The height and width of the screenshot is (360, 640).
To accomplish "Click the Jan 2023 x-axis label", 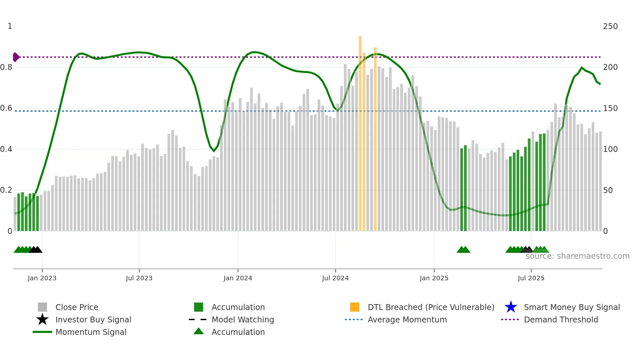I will pyautogui.click(x=42, y=278).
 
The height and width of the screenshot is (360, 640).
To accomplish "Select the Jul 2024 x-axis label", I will pyautogui.click(x=335, y=278).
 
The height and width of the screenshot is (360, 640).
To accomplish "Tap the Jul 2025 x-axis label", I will pyautogui.click(x=531, y=278).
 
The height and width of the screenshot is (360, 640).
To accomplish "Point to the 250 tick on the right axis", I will pyautogui.click(x=610, y=26).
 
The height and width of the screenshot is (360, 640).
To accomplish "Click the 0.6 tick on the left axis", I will pyautogui.click(x=6, y=108).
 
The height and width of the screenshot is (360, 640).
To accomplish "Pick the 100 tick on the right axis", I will pyautogui.click(x=610, y=149).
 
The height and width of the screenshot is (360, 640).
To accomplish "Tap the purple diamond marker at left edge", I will pyautogui.click(x=16, y=57).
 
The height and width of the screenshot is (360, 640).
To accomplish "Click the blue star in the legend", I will pyautogui.click(x=511, y=307).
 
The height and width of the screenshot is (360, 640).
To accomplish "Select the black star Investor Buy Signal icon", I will pyautogui.click(x=42, y=319).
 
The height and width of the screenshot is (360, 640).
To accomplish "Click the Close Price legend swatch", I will pyautogui.click(x=42, y=307).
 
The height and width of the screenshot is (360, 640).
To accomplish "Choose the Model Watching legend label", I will pyautogui.click(x=243, y=319).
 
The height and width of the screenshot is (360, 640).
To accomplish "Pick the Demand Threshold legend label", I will pyautogui.click(x=561, y=319).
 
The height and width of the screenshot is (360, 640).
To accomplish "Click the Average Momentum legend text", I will pyautogui.click(x=407, y=319).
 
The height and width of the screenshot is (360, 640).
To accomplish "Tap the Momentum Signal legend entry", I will pyautogui.click(x=91, y=332).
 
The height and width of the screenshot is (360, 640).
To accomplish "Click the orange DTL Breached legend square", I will pyautogui.click(x=355, y=307).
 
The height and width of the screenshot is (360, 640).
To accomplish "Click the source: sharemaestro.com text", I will pyautogui.click(x=577, y=256).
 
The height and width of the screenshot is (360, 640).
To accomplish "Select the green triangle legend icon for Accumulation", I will pyautogui.click(x=199, y=331).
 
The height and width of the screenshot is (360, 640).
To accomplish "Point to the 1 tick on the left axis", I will pyautogui.click(x=10, y=26).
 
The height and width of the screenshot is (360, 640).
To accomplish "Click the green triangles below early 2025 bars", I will pyautogui.click(x=463, y=250).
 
